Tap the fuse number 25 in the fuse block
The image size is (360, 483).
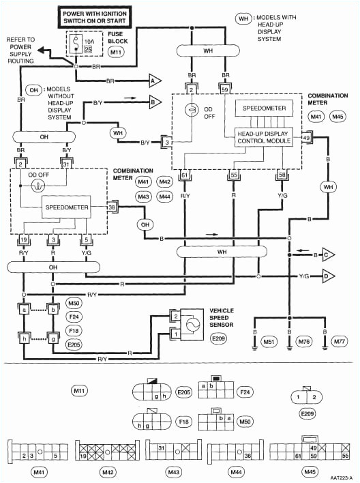pos(88,50)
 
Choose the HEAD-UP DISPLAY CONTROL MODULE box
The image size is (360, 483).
pos(264,136)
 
